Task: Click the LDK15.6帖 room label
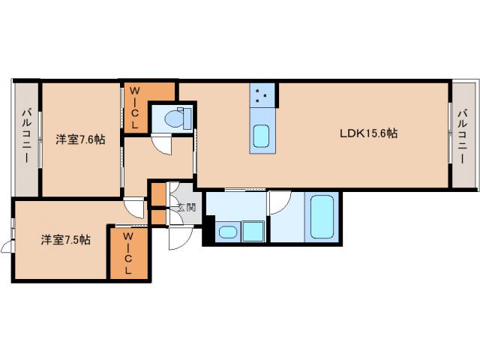pos(368,133)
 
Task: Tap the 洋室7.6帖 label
pos(80,139)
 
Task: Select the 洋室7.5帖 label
pos(66,240)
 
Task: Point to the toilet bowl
pos(173,118)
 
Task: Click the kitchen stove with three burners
pos(262,95)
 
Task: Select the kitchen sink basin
pos(262,136)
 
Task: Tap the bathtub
pos(322,217)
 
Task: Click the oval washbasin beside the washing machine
pos(228,232)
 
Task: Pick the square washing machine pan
pos(253,232)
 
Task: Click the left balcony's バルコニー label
pos(26,135)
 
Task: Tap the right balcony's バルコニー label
pos(462,136)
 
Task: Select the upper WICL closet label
pos(135,108)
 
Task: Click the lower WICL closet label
pos(128,253)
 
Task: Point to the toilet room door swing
pos(163,145)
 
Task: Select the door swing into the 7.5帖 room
pos(135,208)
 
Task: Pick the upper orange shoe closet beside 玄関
pos(158,194)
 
